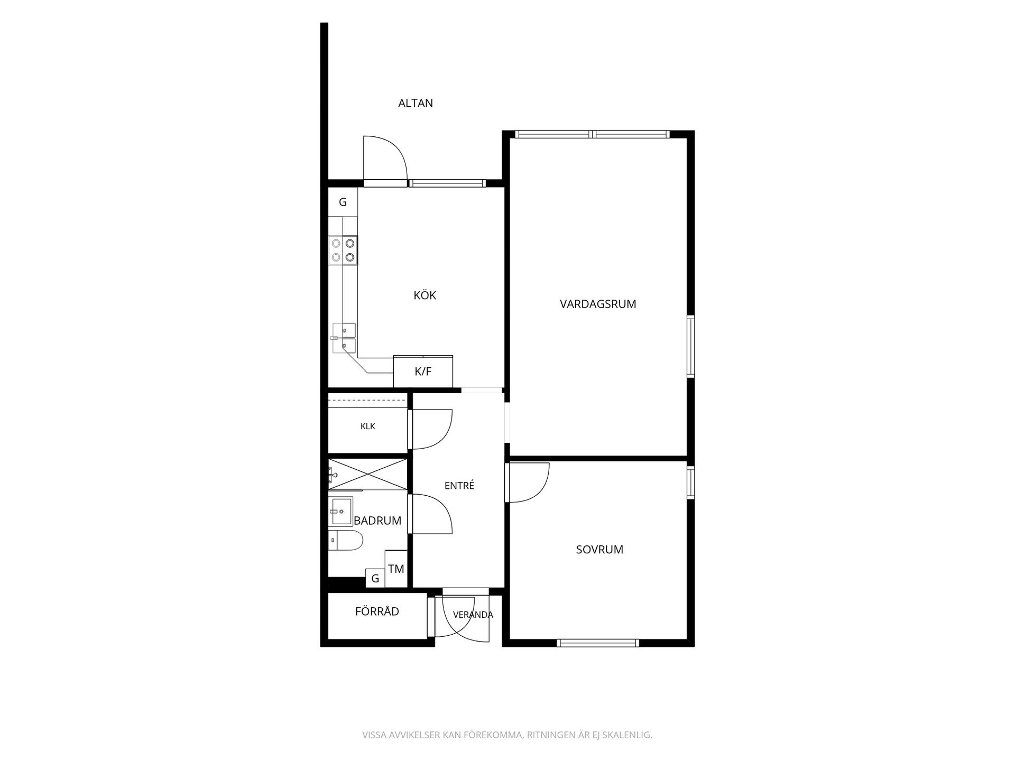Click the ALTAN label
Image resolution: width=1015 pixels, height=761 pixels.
tap(416, 103)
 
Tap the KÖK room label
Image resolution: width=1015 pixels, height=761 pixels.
tap(425, 295)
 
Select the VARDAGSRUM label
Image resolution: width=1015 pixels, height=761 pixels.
tap(598, 304)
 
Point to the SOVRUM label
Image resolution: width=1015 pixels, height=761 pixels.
tap(599, 550)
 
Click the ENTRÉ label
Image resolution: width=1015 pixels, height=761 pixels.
tap(459, 485)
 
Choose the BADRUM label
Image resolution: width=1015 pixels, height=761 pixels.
tap(377, 521)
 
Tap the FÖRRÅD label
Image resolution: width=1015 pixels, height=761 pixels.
tap(377, 611)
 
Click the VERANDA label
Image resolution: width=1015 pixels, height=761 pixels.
tap(473, 615)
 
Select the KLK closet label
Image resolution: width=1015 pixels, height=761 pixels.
tap(368, 426)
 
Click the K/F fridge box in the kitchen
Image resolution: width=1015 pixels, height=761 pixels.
tap(423, 372)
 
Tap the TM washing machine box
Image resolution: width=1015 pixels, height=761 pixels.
tap(396, 569)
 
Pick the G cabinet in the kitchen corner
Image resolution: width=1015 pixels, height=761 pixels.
tap(343, 202)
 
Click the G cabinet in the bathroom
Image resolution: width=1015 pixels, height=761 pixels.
tap(375, 578)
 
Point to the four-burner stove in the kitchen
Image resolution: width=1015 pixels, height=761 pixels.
tap(343, 250)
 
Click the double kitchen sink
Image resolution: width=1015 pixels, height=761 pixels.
tap(344, 338)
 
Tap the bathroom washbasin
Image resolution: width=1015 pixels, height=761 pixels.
tap(340, 512)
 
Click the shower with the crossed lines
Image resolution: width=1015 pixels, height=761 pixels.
tap(368, 474)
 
